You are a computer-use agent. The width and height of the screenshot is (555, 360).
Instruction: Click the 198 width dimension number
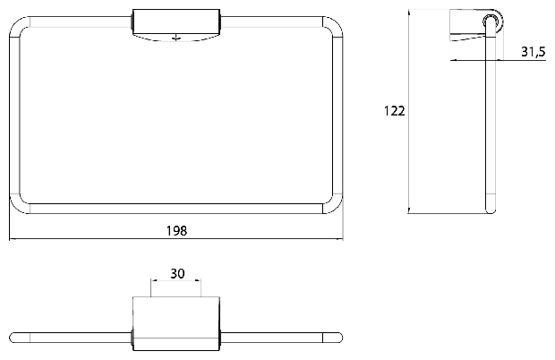point(176,231)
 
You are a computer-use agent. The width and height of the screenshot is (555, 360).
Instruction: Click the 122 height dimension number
point(394,111)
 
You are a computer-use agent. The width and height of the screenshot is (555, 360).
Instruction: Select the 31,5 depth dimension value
point(533,52)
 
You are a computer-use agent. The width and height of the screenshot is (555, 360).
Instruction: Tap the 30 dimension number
point(177,273)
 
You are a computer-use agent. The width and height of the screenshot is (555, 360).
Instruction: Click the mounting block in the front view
point(176,25)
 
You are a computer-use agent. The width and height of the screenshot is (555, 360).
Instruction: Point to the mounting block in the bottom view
point(176,324)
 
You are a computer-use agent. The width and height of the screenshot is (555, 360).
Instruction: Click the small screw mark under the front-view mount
point(176,38)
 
